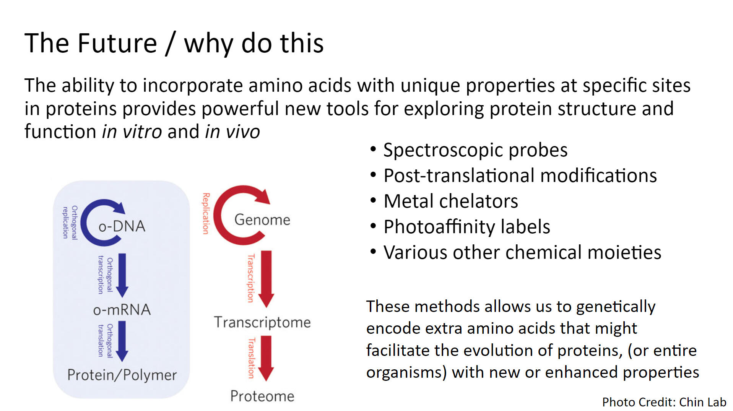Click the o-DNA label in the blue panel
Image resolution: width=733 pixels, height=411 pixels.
pos(122,226)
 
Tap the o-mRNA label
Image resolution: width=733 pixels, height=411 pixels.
pos(122,310)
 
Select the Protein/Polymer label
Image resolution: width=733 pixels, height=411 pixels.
pos(122,375)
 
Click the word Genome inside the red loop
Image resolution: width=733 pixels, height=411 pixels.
pos(262,220)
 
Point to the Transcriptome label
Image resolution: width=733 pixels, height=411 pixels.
pos(262,322)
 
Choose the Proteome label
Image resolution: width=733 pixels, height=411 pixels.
pos(262,396)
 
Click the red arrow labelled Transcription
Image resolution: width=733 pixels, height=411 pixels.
pos(267,279)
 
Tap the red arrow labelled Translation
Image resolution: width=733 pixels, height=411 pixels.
pos(266,358)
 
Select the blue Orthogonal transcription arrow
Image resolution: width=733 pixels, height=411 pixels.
pos(122,275)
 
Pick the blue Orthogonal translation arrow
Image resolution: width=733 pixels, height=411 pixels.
pos(122,341)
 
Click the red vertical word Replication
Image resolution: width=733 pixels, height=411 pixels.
pos(206,213)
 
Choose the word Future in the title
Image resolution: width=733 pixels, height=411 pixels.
pos(117,43)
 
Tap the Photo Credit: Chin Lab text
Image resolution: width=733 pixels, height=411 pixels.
pos(664,402)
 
